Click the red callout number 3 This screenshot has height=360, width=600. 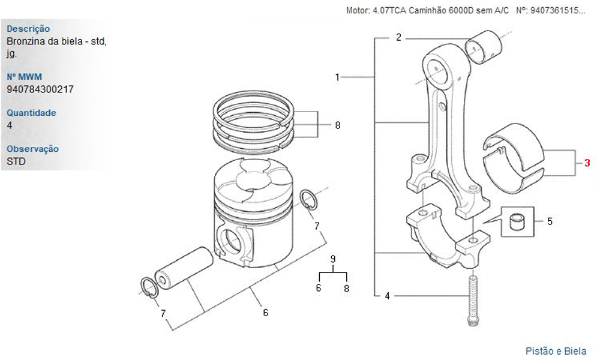(x=587, y=163)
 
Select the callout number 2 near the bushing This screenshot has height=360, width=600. (x=399, y=37)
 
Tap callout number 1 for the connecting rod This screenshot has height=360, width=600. (x=337, y=77)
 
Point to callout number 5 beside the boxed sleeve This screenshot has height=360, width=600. (x=550, y=221)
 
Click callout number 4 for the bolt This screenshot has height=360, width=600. (x=387, y=296)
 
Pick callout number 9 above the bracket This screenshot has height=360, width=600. (x=333, y=259)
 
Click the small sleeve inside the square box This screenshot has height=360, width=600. (x=517, y=222)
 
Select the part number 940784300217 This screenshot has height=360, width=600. (x=40, y=89)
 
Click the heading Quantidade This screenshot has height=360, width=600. (x=31, y=113)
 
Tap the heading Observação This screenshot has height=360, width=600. (x=33, y=149)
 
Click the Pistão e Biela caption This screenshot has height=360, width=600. (x=556, y=351)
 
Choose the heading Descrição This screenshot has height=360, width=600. (x=28, y=29)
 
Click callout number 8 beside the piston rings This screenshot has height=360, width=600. (x=337, y=125)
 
